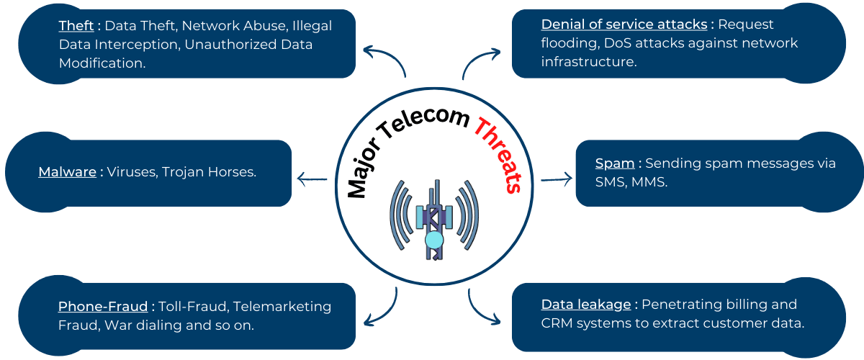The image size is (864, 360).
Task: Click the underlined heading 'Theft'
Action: click(76, 26)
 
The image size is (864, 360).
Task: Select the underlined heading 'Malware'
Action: click(67, 172)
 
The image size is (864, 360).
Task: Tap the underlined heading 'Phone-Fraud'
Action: click(102, 307)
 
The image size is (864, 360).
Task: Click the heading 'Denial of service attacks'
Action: click(624, 24)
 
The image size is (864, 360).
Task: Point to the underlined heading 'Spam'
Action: click(614, 163)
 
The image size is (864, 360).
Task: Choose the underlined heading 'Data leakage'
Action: click(585, 305)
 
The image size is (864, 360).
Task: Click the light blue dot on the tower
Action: click(433, 239)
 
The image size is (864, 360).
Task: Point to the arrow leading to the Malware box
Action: click(312, 179)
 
